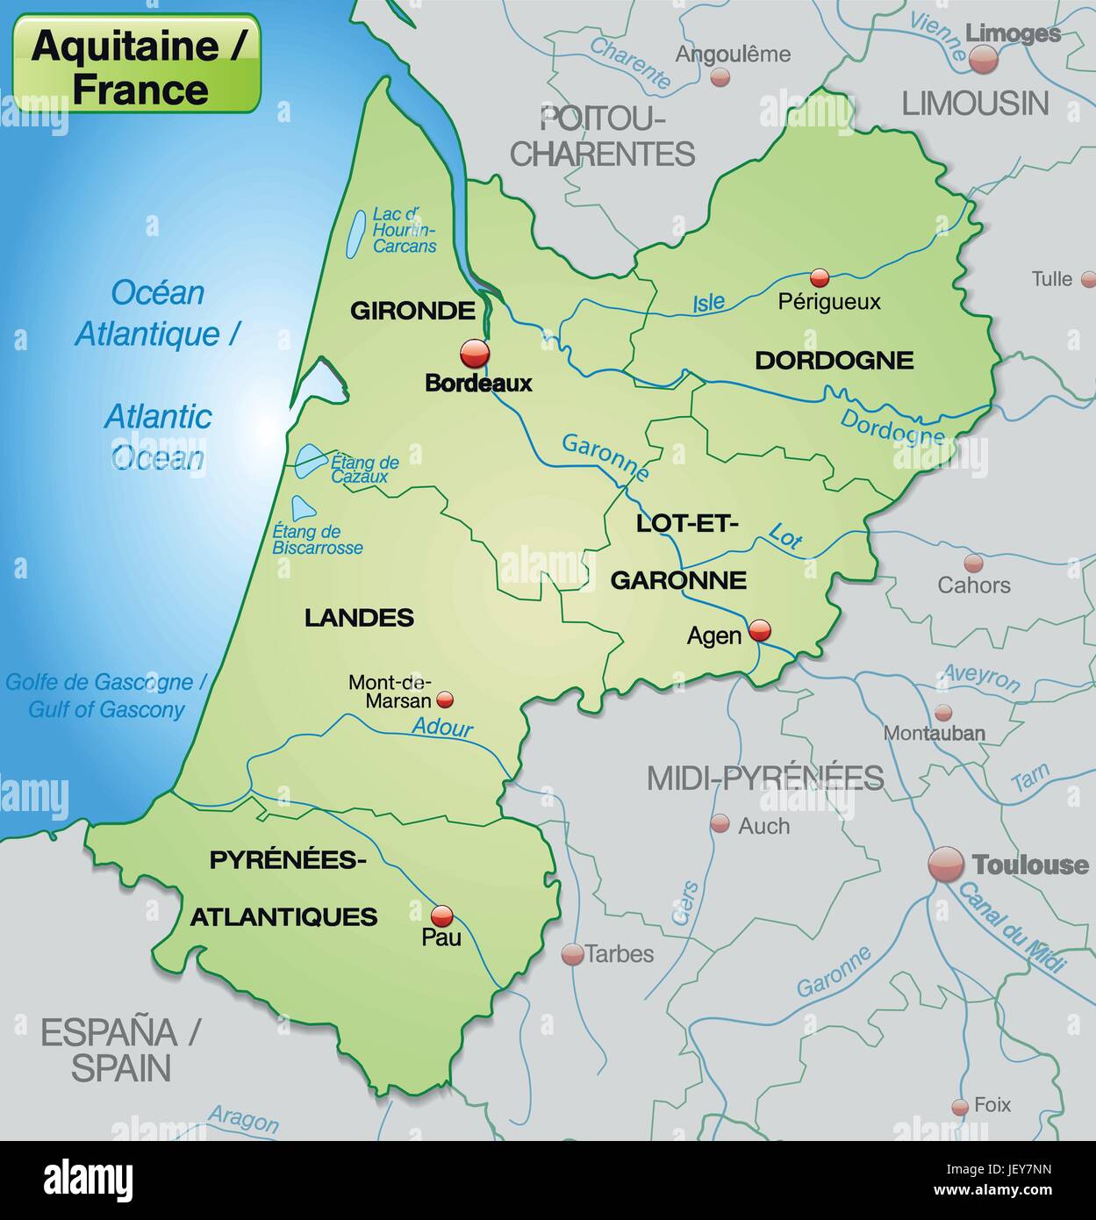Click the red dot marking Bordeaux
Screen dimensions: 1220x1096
[x=475, y=354]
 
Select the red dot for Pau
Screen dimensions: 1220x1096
[x=441, y=915]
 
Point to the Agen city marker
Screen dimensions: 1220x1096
[x=759, y=629]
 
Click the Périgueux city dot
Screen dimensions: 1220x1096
[x=820, y=278]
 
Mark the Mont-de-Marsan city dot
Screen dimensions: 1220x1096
[x=445, y=700]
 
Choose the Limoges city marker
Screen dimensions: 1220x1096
[x=984, y=59]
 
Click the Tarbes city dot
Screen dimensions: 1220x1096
[x=572, y=954]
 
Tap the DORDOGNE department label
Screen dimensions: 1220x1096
[x=834, y=360]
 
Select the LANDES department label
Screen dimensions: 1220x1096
[x=359, y=618]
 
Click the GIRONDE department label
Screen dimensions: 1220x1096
[x=412, y=310]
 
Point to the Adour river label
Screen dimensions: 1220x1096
[x=442, y=727]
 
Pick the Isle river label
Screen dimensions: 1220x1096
[x=709, y=303]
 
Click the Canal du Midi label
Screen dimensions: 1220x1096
[x=1011, y=927]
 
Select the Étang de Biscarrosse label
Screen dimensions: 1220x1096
[x=318, y=540]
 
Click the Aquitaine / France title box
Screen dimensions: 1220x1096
[x=137, y=63]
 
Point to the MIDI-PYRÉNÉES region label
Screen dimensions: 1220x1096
[x=765, y=778]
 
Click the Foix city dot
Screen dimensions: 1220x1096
[x=960, y=1107]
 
